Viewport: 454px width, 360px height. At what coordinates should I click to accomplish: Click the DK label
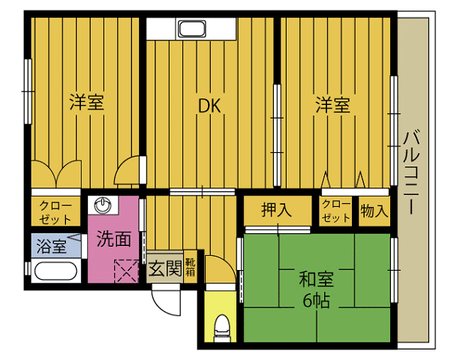[x=209, y=106]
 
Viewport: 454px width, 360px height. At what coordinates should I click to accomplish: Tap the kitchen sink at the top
[x=191, y=28]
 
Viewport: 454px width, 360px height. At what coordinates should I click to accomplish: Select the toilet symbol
[x=222, y=328]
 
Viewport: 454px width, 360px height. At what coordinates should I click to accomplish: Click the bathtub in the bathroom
[x=56, y=271]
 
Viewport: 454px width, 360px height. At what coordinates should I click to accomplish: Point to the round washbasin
[x=103, y=205]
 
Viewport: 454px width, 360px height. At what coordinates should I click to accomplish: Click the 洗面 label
[x=114, y=239]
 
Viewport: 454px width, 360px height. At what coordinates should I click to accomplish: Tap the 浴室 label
[x=52, y=247]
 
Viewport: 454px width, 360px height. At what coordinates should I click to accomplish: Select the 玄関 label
[x=165, y=268]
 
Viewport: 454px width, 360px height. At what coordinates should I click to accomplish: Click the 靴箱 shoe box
[x=190, y=267]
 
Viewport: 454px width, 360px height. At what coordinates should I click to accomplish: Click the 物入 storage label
[x=374, y=211]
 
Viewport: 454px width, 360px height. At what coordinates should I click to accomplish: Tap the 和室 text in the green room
[x=316, y=279]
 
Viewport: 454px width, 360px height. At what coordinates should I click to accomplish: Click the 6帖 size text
[x=316, y=301]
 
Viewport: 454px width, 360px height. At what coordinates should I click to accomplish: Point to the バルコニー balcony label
[x=411, y=172]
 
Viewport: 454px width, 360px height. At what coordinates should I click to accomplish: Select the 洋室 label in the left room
[x=86, y=102]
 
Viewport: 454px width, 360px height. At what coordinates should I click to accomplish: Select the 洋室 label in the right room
[x=332, y=105]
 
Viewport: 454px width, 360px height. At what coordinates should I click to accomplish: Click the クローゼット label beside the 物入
[x=336, y=211]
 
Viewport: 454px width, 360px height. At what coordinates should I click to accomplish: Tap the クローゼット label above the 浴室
[x=55, y=212]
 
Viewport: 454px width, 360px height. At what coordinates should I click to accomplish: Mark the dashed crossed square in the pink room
[x=127, y=271]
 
